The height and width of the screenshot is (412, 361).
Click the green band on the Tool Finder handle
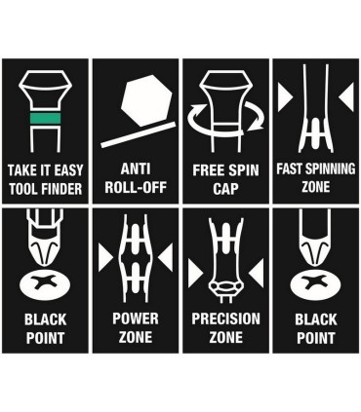tap(45, 118)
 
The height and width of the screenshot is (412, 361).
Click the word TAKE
tap(19, 170)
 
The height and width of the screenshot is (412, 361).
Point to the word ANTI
tap(136, 169)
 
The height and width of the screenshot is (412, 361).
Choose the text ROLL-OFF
tap(136, 187)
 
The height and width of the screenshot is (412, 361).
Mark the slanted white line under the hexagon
tap(139, 134)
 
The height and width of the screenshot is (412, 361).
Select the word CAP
tap(225, 189)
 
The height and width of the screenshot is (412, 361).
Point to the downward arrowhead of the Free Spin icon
tap(256, 125)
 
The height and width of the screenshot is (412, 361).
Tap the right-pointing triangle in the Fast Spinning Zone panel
tap(285, 97)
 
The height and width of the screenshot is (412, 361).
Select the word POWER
tap(136, 318)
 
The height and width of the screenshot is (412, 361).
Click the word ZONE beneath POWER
tap(136, 337)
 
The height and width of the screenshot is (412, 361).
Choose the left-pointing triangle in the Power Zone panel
tap(166, 258)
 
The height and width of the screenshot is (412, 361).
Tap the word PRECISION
tap(225, 318)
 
